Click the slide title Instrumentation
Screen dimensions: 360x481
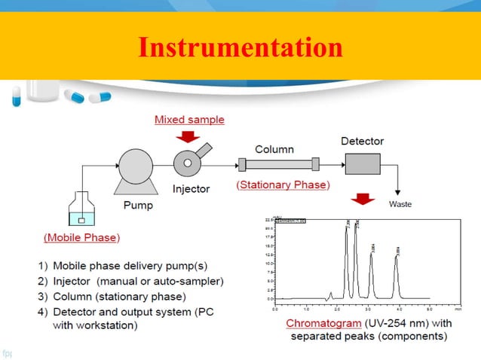pos(240,47)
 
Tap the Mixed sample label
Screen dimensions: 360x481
pos(189,119)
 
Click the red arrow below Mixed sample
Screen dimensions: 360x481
pos(188,137)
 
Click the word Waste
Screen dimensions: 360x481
pos(400,204)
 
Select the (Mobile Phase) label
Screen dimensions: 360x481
pos(81,237)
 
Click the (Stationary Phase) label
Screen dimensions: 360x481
pos(283,185)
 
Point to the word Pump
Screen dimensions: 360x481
pos(138,205)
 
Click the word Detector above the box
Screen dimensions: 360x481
pos(363,141)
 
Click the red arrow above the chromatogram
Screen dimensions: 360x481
pos(364,200)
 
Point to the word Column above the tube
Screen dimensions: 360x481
pos(274,149)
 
